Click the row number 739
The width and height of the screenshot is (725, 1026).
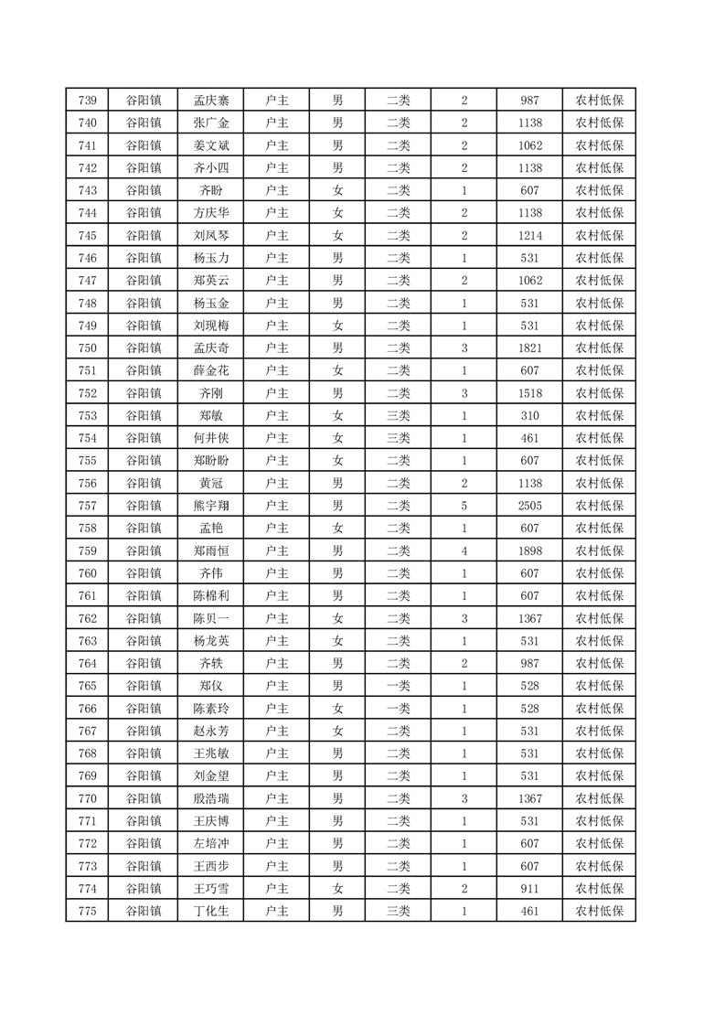pos(88,101)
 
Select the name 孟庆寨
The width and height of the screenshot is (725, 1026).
pos(211,101)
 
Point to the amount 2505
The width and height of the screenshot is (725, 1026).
pos(529,506)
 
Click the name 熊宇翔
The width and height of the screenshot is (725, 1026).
pos(211,506)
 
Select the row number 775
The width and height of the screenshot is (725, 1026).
pos(88,911)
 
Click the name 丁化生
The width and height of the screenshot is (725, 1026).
pos(211,911)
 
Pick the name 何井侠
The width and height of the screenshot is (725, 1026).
pos(211,438)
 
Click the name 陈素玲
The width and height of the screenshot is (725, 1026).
pos(211,709)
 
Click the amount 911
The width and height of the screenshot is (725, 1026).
pos(529,889)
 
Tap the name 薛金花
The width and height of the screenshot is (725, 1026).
pos(211,370)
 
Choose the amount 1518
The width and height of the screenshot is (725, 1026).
pos(529,393)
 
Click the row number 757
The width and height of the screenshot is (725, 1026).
pos(88,506)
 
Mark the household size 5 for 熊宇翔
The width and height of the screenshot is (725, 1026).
pos(464,506)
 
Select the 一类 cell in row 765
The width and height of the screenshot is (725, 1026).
pos(399,686)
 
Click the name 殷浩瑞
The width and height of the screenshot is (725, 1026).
pos(211,798)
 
